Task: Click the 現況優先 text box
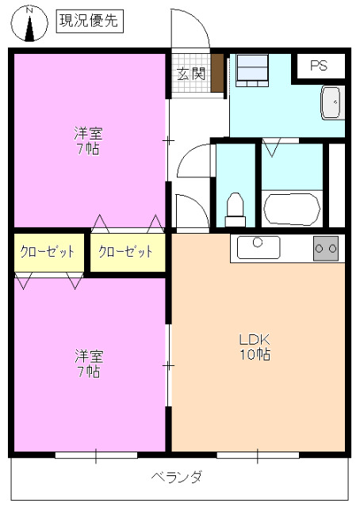tap(89, 21)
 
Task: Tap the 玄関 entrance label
tap(191, 74)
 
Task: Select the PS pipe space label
tap(319, 67)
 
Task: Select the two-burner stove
tap(326, 248)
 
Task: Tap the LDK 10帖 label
tap(255, 347)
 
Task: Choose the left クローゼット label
tap(48, 252)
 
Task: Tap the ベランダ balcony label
tap(177, 477)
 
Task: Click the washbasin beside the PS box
tap(331, 101)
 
